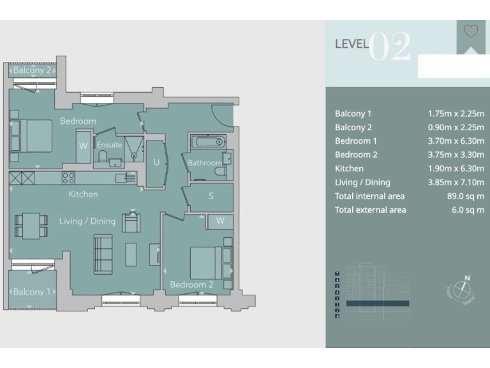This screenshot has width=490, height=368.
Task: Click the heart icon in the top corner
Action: click(471, 31)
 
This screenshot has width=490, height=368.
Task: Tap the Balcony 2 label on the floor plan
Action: click(32, 71)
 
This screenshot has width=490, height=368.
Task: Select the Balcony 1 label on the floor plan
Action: click(32, 292)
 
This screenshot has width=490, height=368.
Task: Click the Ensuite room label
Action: click(109, 145)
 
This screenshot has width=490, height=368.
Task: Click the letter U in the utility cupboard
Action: click(156, 163)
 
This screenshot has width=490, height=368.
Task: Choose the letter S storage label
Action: click(211, 196)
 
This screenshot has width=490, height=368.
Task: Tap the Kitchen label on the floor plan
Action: click(84, 194)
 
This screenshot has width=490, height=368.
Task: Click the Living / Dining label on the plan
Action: click(87, 222)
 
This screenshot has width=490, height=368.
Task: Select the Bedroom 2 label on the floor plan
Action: click(191, 284)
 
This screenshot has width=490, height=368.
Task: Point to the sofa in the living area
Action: click(103, 254)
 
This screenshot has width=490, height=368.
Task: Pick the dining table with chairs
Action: click(31, 226)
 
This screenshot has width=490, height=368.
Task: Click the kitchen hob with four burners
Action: click(68, 178)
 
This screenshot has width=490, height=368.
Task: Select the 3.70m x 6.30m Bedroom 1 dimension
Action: click(456, 141)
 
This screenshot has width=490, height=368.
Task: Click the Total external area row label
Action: click(370, 210)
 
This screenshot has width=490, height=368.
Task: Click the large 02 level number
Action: click(390, 47)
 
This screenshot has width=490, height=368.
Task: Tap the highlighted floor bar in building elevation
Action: click(377, 303)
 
